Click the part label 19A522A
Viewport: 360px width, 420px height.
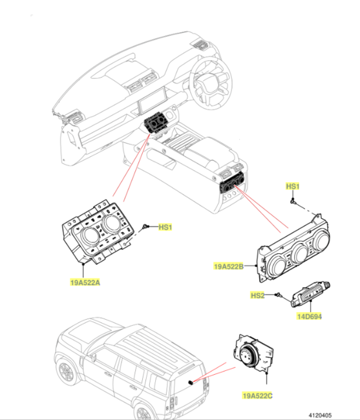(85, 282)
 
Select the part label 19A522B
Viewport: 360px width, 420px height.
(229, 266)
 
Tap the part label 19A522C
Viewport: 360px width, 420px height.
(257, 395)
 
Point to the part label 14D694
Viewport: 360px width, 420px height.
(310, 317)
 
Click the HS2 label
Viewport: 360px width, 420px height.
(257, 295)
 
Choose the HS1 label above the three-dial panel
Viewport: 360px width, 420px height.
(293, 186)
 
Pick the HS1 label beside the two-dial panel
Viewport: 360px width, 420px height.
(165, 227)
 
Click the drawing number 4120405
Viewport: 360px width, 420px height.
(320, 415)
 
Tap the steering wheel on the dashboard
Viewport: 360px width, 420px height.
(211, 83)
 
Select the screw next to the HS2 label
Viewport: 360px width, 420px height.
(279, 295)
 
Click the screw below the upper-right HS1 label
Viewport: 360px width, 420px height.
(293, 201)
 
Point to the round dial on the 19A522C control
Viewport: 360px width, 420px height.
(248, 355)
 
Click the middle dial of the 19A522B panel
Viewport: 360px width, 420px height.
(299, 253)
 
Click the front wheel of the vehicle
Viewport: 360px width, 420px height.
(66, 372)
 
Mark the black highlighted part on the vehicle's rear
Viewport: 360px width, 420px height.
(191, 382)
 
